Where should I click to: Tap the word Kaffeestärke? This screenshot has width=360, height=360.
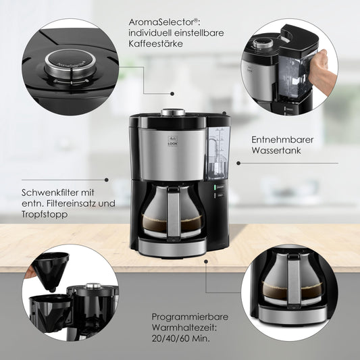coord(155,43)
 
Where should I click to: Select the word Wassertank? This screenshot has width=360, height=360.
coord(276,151)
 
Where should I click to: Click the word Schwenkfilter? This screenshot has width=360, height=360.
coord(50,192)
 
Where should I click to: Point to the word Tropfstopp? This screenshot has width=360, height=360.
coord(45,214)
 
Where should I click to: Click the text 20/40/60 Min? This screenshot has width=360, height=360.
coord(181,338)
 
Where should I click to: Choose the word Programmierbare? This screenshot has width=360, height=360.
coord(190,317)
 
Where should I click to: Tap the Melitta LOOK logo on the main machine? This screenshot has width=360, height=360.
coord(173,140)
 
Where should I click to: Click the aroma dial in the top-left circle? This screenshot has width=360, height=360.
coord(70,63)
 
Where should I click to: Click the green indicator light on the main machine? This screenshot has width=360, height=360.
coord(215,187)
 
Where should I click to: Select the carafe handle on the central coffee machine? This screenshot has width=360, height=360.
coord(174,211)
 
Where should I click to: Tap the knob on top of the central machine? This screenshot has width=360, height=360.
coord(173,112)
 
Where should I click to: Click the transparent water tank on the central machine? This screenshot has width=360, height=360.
coord(218,153)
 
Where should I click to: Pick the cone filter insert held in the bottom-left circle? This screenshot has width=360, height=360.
coord(50,272)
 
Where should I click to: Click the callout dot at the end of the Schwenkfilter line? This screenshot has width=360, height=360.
coord(107,180)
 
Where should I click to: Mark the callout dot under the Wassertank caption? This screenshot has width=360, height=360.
coord(238,163)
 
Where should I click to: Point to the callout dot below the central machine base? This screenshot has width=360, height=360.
coord(206,261)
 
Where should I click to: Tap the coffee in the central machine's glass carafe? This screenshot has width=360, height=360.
coord(172,223)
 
